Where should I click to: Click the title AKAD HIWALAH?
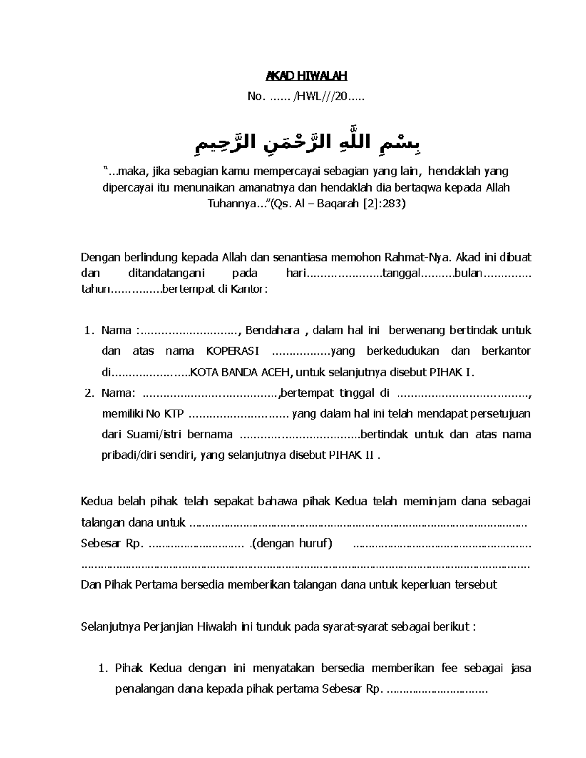coord(306,76)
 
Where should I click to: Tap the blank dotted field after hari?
coord(343,274)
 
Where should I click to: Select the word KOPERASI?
coord(233,351)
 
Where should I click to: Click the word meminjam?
coord(424,501)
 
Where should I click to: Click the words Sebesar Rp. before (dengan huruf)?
coord(111,543)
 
